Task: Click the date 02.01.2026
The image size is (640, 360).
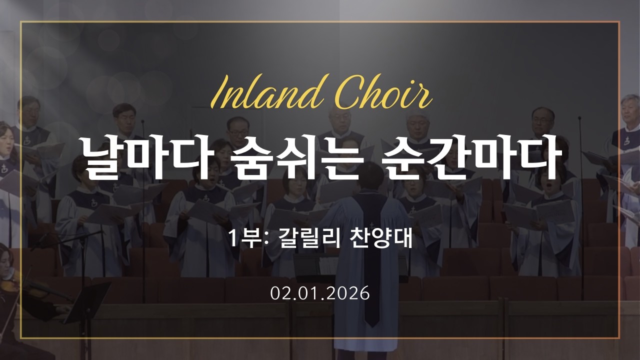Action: click(320, 293)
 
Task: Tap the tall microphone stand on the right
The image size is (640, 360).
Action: click(581, 210)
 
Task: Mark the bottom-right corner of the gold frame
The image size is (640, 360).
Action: click(619, 338)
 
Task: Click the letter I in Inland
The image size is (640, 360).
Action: click(220, 94)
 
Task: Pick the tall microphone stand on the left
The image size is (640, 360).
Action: click(143, 210)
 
